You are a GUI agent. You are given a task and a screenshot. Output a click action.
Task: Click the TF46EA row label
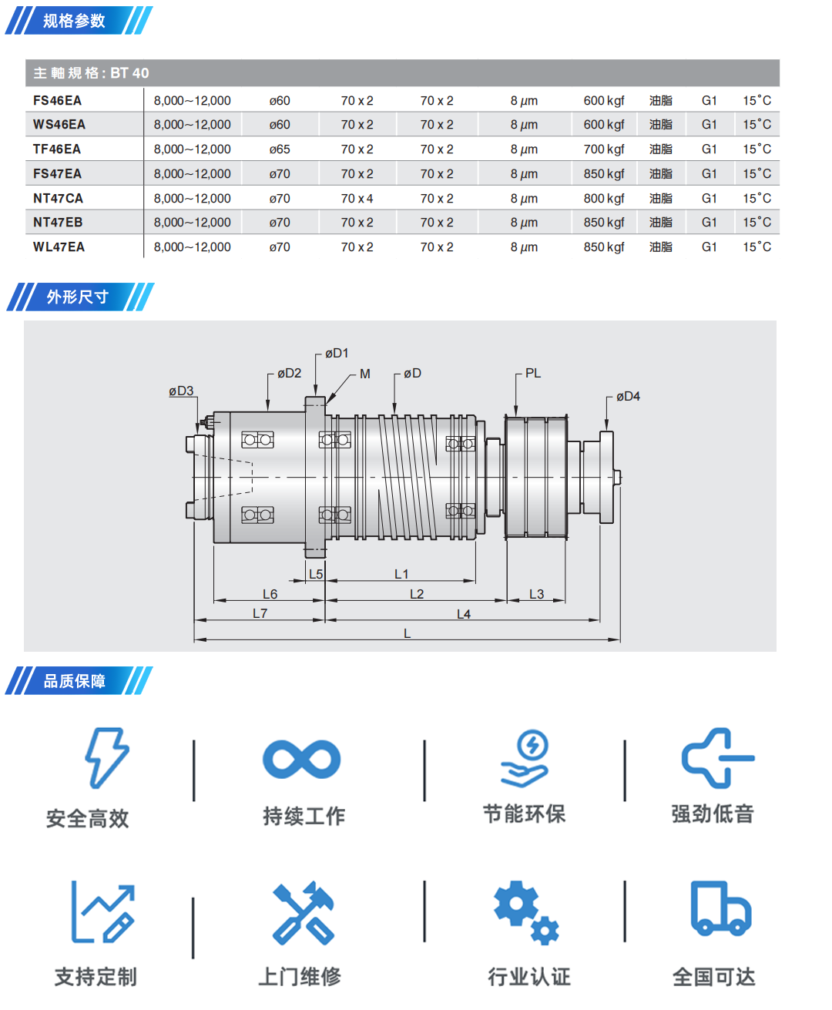57,149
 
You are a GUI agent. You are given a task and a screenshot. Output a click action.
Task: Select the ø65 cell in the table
280,149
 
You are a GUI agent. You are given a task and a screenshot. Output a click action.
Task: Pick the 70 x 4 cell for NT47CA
357,199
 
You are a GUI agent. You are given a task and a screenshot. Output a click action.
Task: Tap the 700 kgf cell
603,149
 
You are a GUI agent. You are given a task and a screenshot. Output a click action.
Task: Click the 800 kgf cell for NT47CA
603,199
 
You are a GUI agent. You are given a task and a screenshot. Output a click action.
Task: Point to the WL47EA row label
59,247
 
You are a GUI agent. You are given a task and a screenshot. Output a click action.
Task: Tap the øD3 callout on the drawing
181,391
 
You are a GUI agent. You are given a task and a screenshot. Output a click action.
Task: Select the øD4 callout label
628,397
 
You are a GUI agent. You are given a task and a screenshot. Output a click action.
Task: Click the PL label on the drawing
533,374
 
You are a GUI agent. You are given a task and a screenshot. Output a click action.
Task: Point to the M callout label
365,374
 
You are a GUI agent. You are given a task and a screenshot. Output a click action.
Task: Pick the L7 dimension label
260,613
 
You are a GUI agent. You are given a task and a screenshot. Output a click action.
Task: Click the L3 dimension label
536,594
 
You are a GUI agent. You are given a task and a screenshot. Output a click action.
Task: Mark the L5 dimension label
316,574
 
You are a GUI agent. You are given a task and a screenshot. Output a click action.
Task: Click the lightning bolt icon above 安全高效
106,758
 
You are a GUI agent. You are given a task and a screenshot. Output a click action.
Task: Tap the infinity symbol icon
301,760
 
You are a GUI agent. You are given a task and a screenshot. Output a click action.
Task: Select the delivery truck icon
720,909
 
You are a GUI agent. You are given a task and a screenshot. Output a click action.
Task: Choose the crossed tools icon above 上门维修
304,913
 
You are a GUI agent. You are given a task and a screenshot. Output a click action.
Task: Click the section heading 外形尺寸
77,297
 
